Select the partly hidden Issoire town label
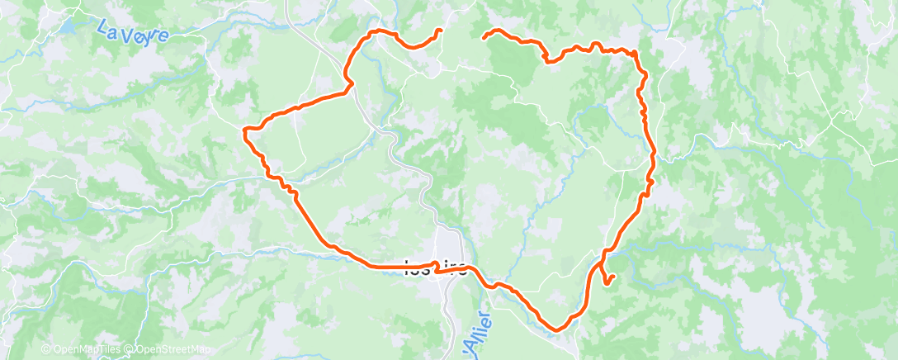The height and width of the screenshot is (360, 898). pyautogui.click(x=437, y=268)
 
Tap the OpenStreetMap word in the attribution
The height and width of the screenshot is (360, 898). pyautogui.click(x=173, y=349)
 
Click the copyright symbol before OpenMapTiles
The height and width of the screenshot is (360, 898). pyautogui.click(x=46, y=349)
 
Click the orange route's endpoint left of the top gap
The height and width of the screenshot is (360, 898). pyautogui.click(x=439, y=31)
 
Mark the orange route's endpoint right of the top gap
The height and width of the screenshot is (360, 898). pyautogui.click(x=483, y=36)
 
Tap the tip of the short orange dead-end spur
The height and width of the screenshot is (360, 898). pyautogui.click(x=614, y=276)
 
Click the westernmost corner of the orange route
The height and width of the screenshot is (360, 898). pyautogui.click(x=245, y=129)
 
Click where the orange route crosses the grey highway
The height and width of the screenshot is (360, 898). pyautogui.click(x=352, y=82)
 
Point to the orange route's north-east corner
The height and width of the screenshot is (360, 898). pyautogui.click(x=636, y=54)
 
